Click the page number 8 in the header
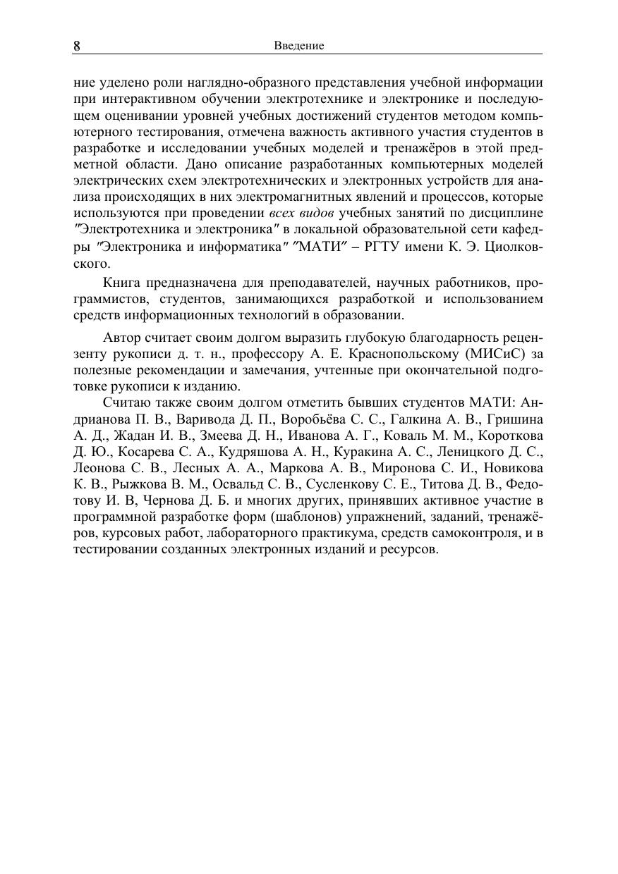77,46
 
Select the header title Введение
298,46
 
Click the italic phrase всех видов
302,213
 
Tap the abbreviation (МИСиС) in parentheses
496,352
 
